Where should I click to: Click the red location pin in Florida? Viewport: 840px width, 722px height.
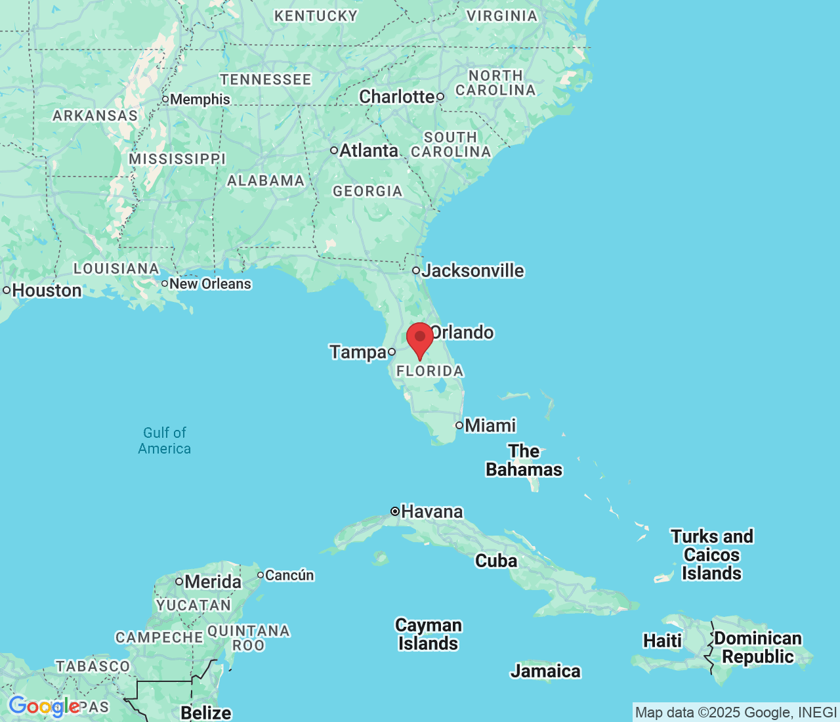click(x=420, y=337)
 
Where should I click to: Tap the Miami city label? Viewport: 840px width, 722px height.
click(x=490, y=425)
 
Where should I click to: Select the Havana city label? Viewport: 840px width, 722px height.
click(x=432, y=511)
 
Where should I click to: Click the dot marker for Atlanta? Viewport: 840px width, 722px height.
click(x=334, y=150)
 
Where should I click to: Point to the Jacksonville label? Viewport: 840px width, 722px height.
click(x=473, y=270)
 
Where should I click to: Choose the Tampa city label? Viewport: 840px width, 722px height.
click(x=358, y=352)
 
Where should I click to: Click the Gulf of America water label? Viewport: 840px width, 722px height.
click(x=165, y=440)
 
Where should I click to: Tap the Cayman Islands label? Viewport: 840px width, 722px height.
click(x=428, y=634)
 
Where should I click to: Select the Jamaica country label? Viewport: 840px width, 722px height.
click(x=545, y=671)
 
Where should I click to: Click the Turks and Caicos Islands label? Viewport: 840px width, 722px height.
click(x=712, y=555)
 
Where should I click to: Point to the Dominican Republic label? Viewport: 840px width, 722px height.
click(x=758, y=647)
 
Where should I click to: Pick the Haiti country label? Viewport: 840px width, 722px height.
click(x=662, y=640)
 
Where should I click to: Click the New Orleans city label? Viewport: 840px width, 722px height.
click(x=210, y=284)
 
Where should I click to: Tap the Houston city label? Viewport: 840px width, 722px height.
click(x=47, y=290)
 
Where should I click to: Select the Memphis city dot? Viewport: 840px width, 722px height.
click(x=165, y=100)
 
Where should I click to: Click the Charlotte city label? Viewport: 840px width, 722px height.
click(x=396, y=96)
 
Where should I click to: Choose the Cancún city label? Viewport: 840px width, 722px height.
click(x=289, y=576)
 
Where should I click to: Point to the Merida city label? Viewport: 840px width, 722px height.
click(x=213, y=582)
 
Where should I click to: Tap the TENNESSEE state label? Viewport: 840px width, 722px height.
click(x=266, y=79)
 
